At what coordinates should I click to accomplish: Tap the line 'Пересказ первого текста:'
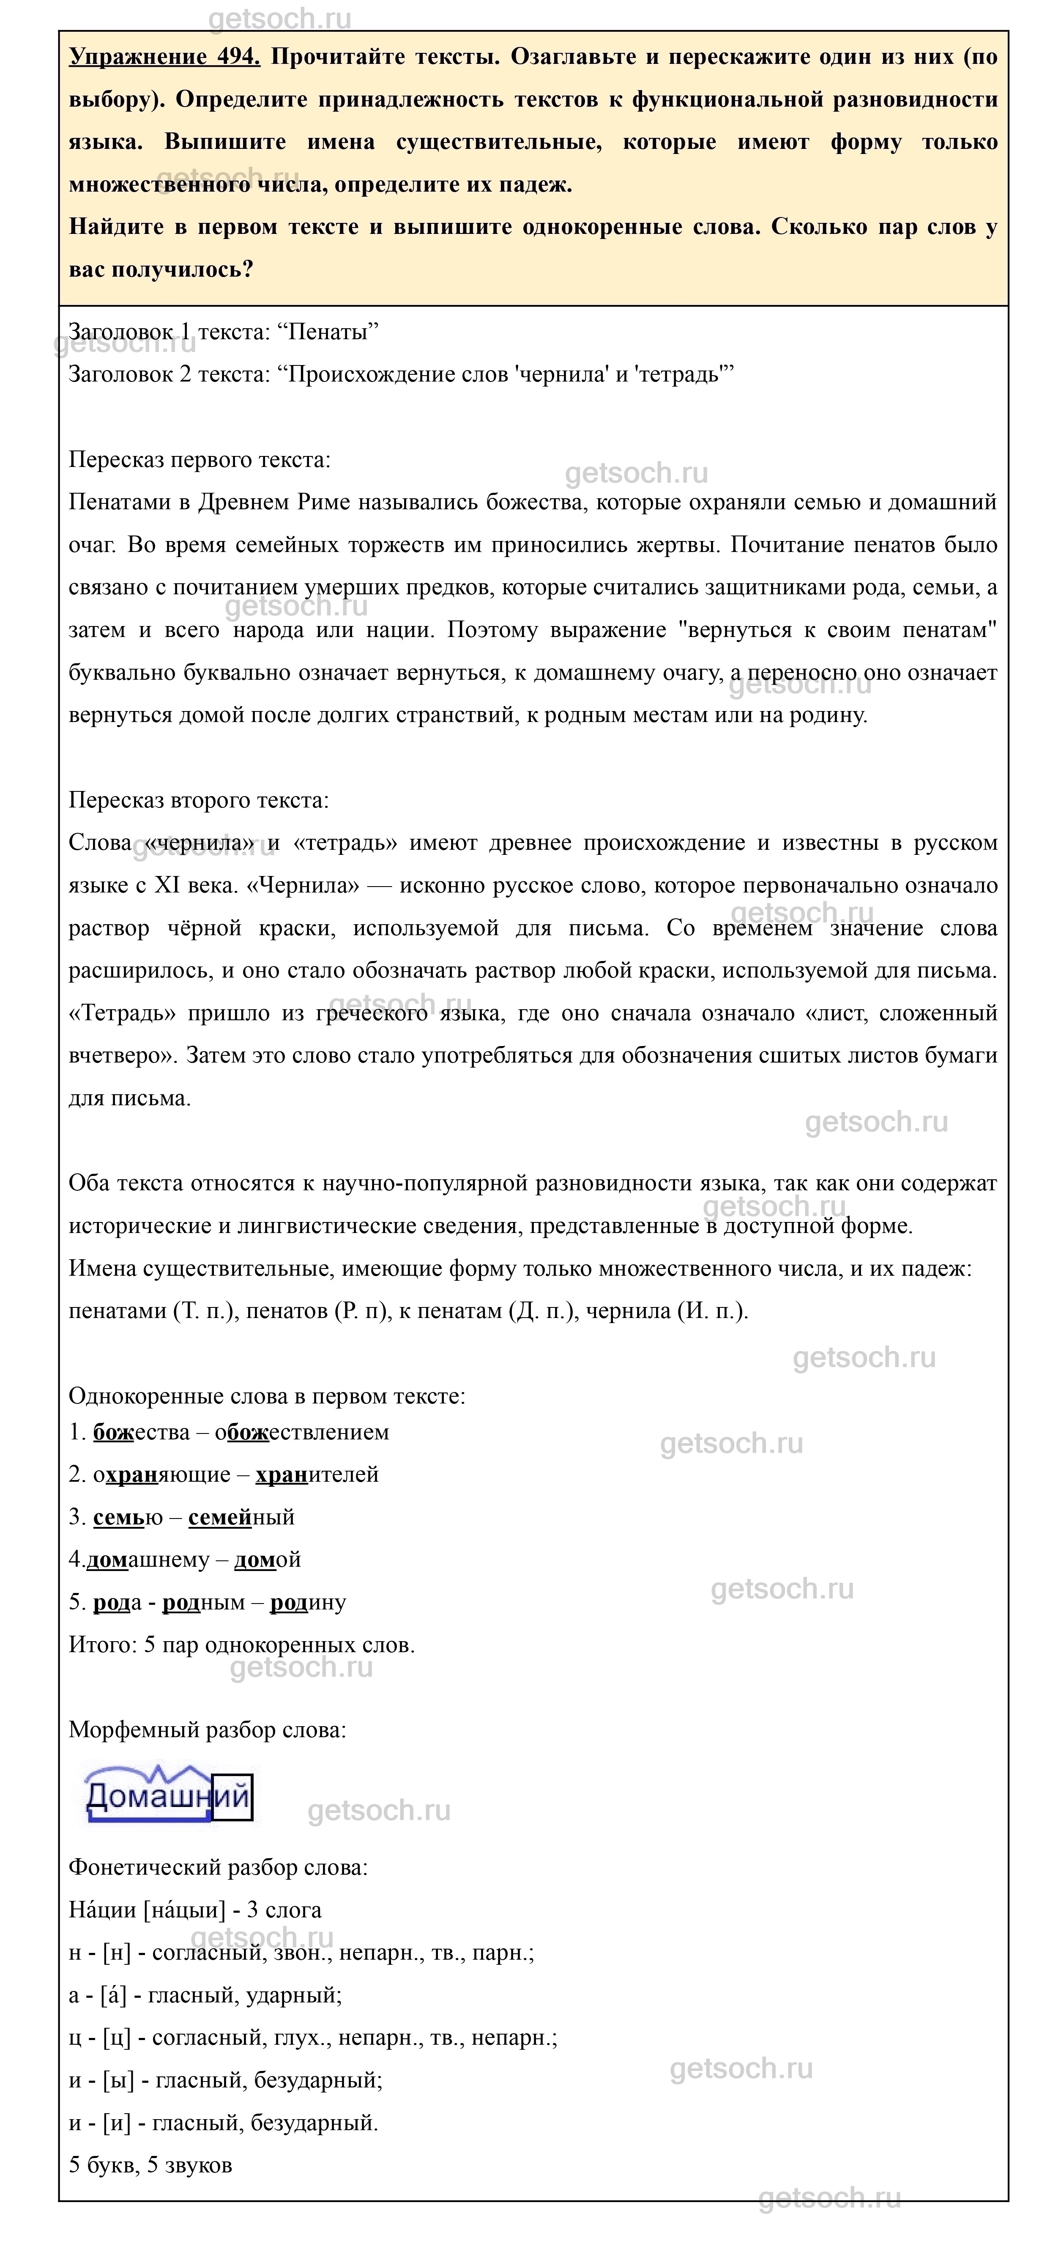tap(200, 460)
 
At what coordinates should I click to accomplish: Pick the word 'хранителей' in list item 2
tap(317, 1475)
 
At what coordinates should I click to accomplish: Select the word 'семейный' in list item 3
tap(242, 1517)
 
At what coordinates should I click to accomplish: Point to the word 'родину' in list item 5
tap(308, 1602)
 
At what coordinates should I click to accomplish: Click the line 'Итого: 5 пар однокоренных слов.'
tap(242, 1645)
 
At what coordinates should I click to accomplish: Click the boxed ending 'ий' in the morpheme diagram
tap(232, 1797)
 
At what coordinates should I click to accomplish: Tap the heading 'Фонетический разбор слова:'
tap(218, 1867)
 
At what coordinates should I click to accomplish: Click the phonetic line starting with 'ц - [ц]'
tap(312, 2038)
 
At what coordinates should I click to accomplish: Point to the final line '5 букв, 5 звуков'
tap(150, 2165)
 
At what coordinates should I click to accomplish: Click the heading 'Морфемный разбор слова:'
tap(208, 1730)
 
